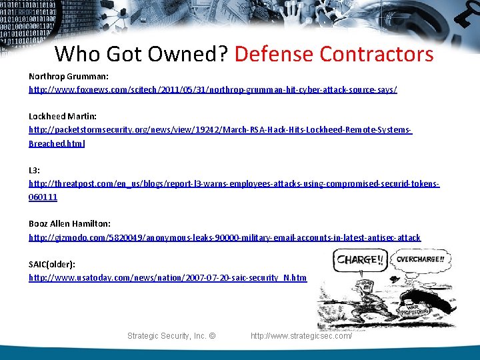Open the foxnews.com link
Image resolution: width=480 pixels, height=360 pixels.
click(x=213, y=89)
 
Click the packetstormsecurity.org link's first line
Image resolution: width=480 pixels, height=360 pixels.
click(x=220, y=130)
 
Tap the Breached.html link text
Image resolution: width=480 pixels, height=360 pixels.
click(x=57, y=143)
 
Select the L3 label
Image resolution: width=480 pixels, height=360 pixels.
click(x=33, y=170)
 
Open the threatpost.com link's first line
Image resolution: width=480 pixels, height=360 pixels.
click(x=233, y=183)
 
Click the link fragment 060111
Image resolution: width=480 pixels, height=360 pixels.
click(x=43, y=197)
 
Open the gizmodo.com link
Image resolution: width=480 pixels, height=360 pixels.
click(x=225, y=237)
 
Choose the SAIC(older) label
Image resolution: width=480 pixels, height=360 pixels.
click(x=51, y=265)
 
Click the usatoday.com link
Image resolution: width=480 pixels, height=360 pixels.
click(x=167, y=278)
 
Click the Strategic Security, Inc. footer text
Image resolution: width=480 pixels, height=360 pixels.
click(x=171, y=336)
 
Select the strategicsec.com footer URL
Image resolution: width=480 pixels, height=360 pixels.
click(x=301, y=336)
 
